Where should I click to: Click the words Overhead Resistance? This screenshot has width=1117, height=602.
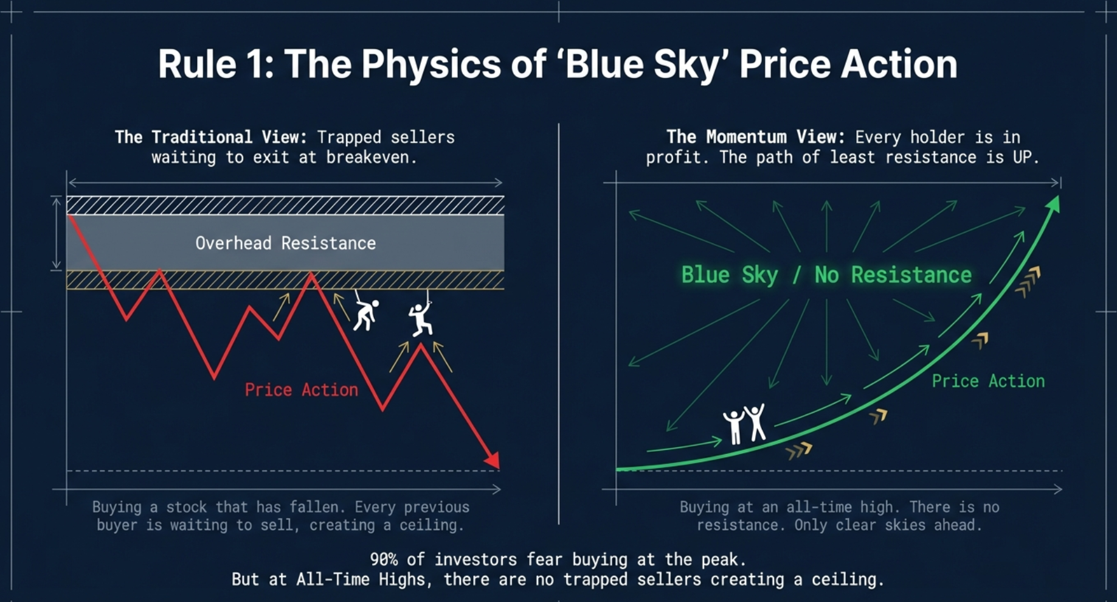point(285,243)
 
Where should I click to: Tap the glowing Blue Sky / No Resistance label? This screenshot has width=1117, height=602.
point(826,275)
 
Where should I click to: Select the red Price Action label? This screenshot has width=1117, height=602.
point(302,390)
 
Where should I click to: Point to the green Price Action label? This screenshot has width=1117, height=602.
point(988,381)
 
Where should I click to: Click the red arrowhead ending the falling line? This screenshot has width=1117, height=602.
point(493,460)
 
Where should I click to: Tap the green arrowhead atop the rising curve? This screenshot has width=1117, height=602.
point(1053,204)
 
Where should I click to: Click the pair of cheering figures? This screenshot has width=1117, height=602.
point(744,423)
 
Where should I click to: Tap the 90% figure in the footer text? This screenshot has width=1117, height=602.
point(384,559)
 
